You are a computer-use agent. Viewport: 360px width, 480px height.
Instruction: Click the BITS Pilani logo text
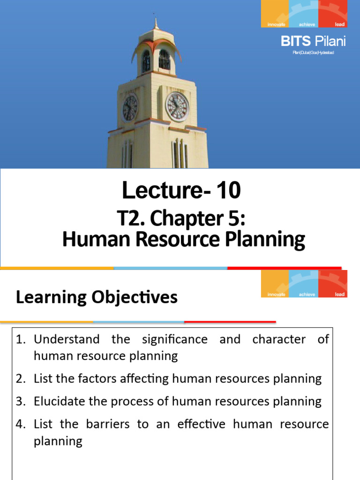[313, 41]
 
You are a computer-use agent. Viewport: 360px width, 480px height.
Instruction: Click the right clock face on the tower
[178, 107]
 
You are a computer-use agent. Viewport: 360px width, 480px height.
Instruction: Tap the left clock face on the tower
[129, 108]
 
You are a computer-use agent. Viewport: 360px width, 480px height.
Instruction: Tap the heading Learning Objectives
[97, 297]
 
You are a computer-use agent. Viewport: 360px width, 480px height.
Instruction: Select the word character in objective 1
[279, 339]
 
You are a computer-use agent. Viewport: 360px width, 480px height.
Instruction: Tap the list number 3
[20, 401]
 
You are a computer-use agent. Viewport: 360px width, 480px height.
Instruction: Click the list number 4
[20, 424]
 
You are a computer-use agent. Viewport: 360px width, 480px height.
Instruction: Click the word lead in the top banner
[340, 24]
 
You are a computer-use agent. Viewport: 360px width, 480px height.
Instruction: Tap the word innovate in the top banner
[276, 24]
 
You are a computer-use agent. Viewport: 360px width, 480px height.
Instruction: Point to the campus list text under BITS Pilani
[313, 52]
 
